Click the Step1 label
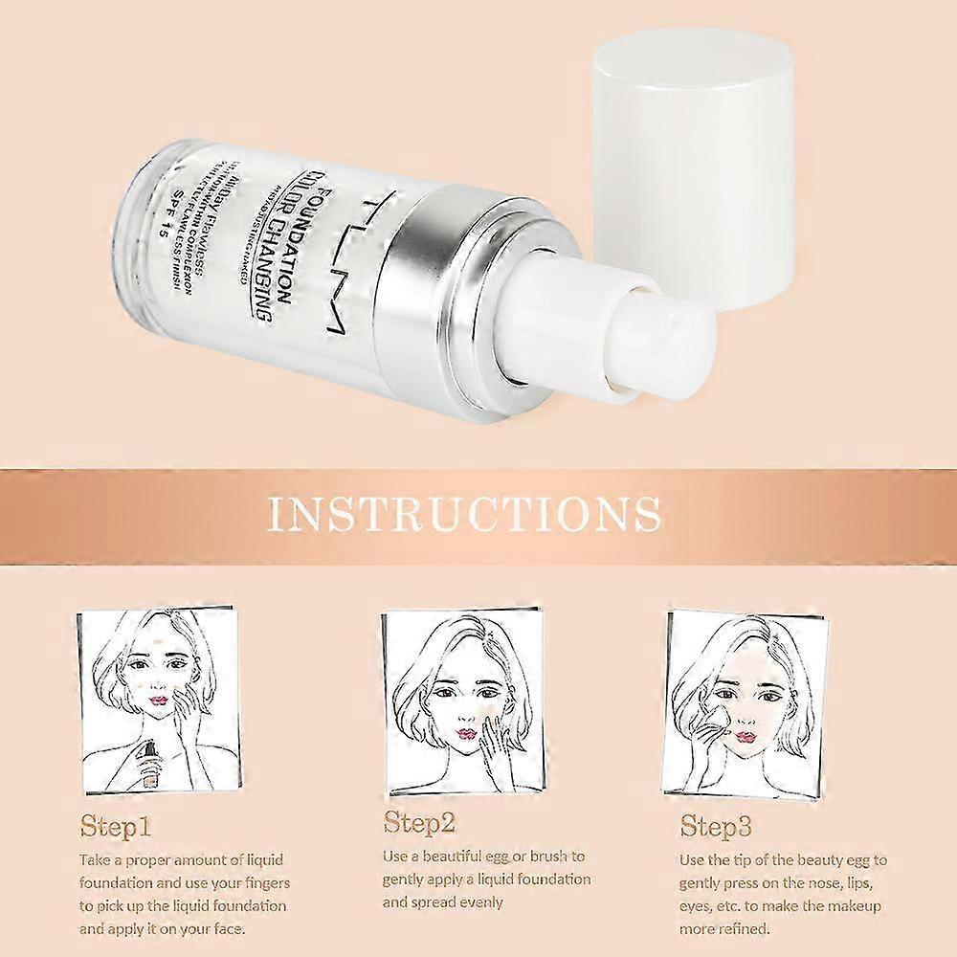pyautogui.click(x=115, y=826)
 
